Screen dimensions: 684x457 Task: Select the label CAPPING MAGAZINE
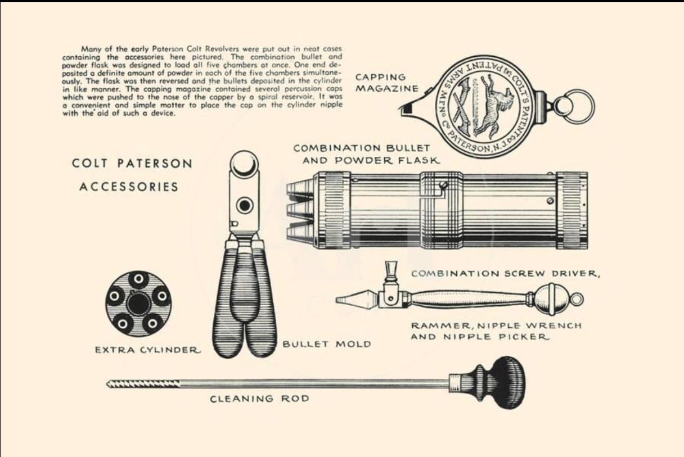386,83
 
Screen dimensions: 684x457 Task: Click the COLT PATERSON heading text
132,164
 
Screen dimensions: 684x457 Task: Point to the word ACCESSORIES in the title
129,187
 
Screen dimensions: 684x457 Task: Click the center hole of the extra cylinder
138,304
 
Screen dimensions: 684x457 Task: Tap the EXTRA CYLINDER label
148,350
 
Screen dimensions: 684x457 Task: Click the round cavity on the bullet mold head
245,205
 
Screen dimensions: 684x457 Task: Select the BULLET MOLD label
327,344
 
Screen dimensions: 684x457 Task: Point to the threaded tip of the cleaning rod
142,384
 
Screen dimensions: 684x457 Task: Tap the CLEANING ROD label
259,399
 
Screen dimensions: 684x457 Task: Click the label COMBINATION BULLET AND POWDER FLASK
366,155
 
